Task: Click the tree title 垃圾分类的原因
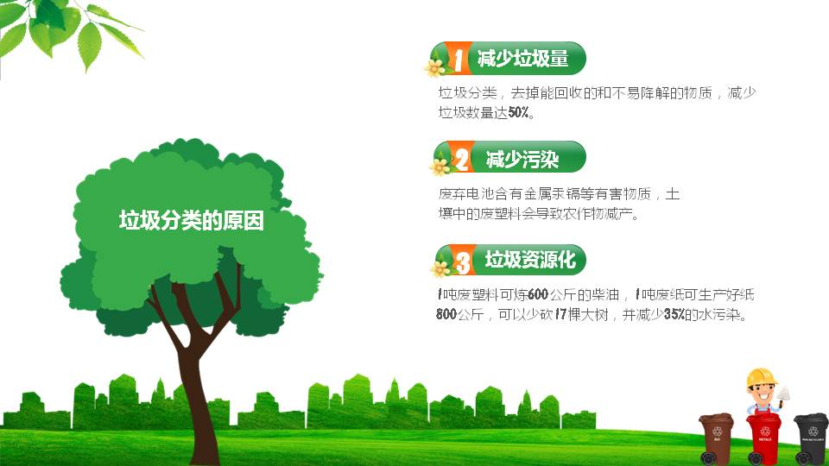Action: pyautogui.click(x=191, y=221)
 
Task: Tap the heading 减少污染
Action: pyautogui.click(x=522, y=160)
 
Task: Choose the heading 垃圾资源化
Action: pyautogui.click(x=529, y=260)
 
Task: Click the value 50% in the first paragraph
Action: pyautogui.click(x=519, y=113)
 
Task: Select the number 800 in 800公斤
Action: pyautogui.click(x=446, y=315)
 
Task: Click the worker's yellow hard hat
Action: pyautogui.click(x=762, y=377)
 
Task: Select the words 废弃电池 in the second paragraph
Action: pyautogui.click(x=464, y=194)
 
